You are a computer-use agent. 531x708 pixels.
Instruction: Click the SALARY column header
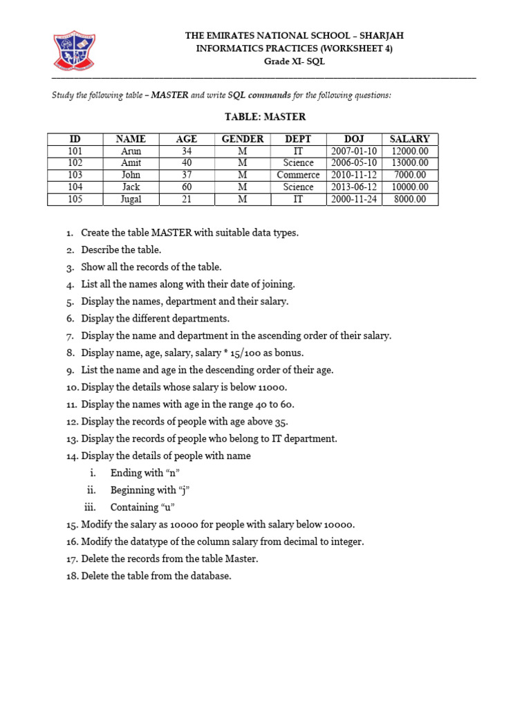coord(409,139)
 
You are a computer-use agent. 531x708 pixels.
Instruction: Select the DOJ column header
coord(354,139)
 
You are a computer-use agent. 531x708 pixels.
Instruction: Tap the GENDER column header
coord(242,139)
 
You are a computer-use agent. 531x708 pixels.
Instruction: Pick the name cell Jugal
coord(131,199)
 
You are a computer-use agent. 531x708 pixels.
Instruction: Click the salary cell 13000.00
coord(409,163)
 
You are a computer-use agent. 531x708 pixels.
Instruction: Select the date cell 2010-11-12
coord(354,175)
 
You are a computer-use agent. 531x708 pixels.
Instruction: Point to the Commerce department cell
coord(298,175)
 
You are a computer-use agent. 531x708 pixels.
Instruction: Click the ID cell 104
coord(75,187)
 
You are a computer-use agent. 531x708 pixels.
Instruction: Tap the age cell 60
coord(187,187)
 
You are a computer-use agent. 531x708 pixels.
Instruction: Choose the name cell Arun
coord(131,151)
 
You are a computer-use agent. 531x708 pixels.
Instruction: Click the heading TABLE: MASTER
coord(265,117)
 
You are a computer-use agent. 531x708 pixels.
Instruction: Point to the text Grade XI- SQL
coord(294,61)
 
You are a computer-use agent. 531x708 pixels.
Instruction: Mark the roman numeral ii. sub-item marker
coord(89,490)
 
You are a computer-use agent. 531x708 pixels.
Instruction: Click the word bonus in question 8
coord(288,353)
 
